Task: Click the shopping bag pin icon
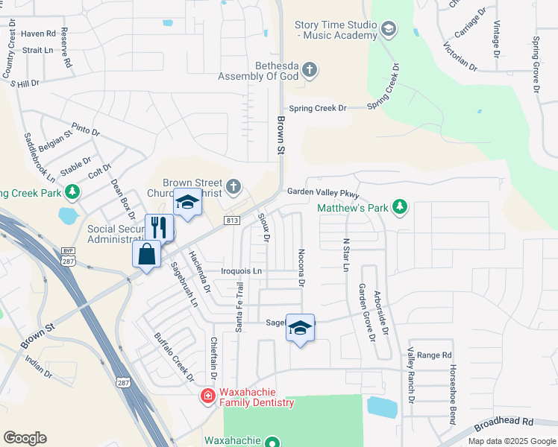(x=147, y=254)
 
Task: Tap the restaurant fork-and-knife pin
(x=159, y=226)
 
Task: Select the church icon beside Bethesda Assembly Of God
(x=310, y=70)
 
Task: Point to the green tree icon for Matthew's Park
(x=400, y=207)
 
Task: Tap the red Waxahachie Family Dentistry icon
(x=209, y=396)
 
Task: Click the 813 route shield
(x=231, y=221)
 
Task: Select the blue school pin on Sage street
(x=300, y=328)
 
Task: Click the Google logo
(x=25, y=438)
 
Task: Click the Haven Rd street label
(x=39, y=34)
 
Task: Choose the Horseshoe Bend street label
(x=451, y=395)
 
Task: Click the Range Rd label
(x=435, y=355)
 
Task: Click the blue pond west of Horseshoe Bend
(x=382, y=407)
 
